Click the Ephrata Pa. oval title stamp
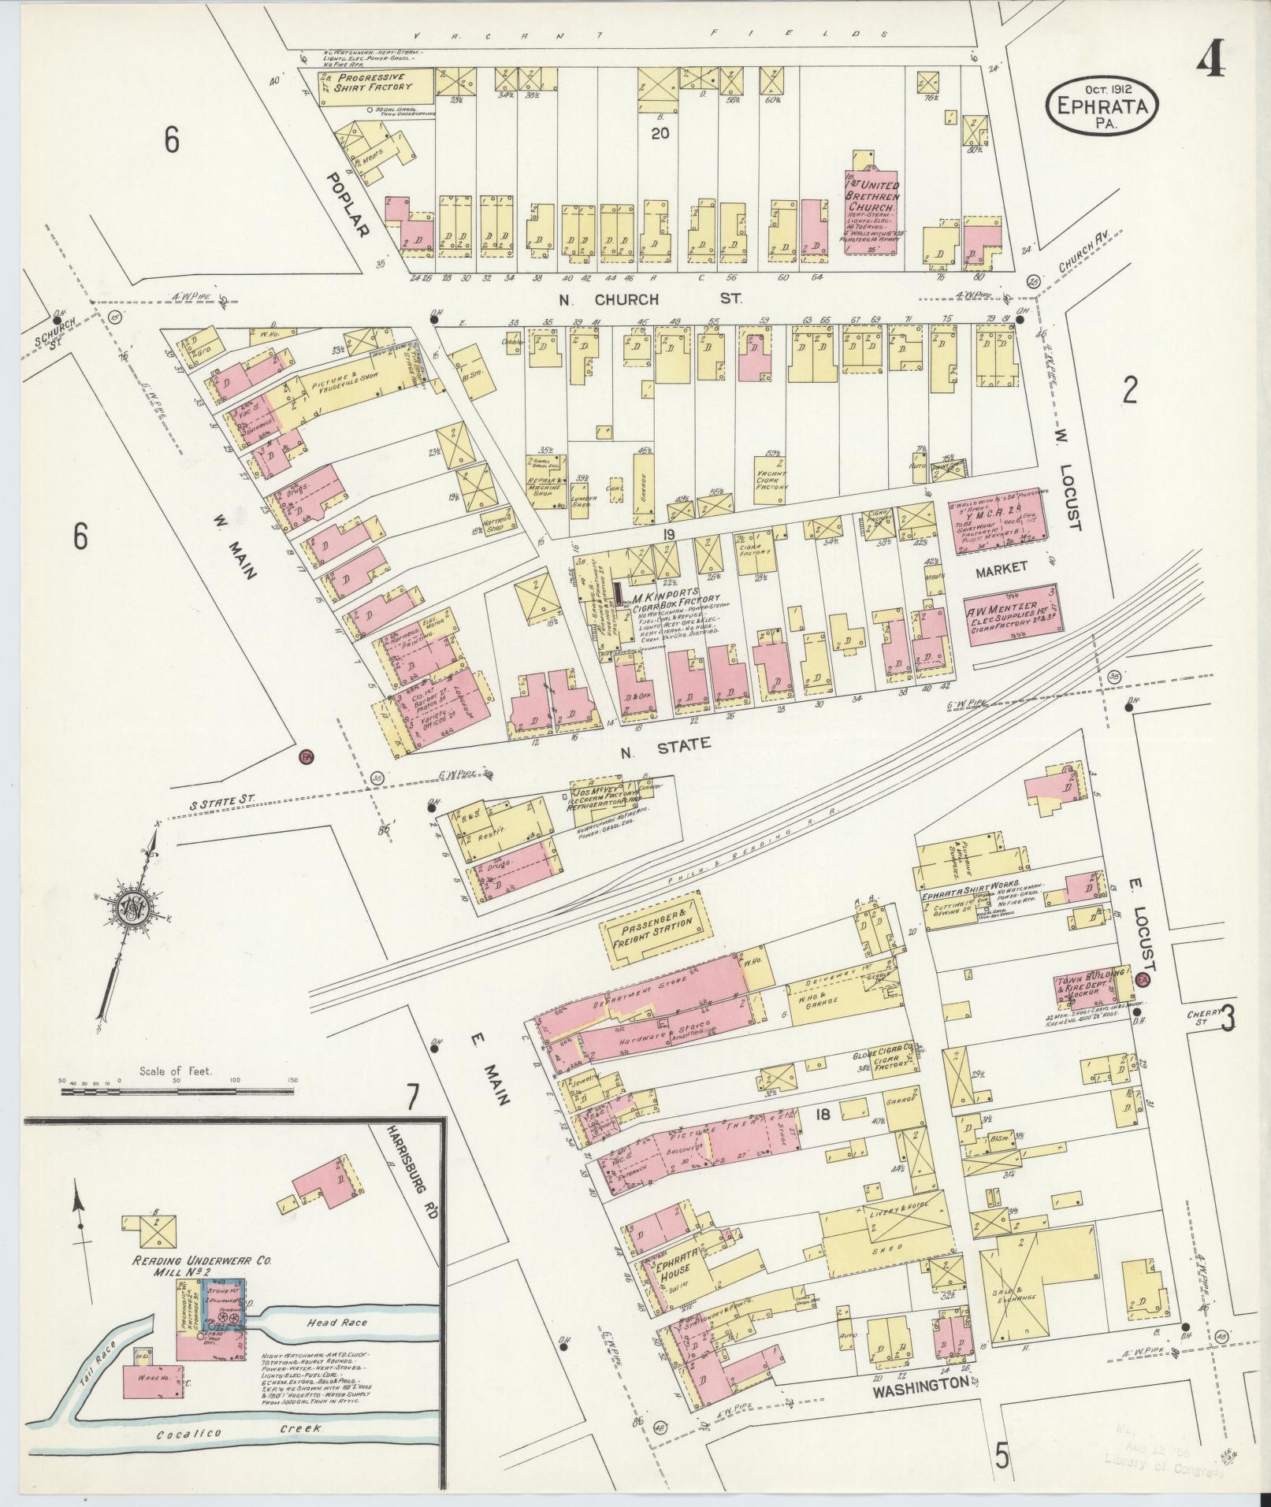[1102, 106]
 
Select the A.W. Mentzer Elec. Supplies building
[1011, 614]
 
